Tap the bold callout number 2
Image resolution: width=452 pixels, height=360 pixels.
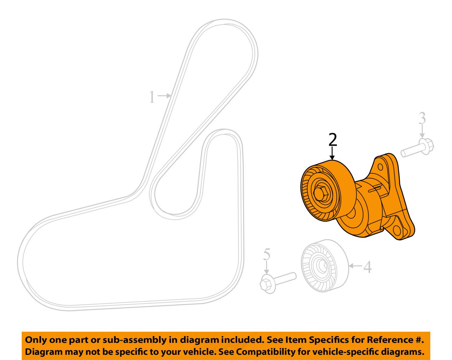tap(333, 139)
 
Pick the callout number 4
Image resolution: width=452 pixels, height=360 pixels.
tap(367, 267)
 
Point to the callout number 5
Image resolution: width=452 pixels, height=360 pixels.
tap(267, 254)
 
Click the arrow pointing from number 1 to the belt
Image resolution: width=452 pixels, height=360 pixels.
tap(164, 96)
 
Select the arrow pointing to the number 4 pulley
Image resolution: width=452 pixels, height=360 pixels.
tap(356, 266)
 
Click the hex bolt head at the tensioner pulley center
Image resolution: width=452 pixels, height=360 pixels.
tap(319, 193)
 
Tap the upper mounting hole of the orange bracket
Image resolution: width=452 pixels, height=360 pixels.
tap(380, 167)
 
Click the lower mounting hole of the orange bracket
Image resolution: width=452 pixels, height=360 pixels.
tap(397, 231)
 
